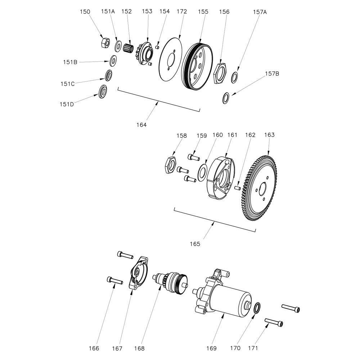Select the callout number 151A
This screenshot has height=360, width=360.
108,12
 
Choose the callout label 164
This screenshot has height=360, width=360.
141,125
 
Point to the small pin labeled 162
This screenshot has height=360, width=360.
238,188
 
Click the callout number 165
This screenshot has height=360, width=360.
195,244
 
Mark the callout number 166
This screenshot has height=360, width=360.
94,348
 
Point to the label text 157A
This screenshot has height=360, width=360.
260,12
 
